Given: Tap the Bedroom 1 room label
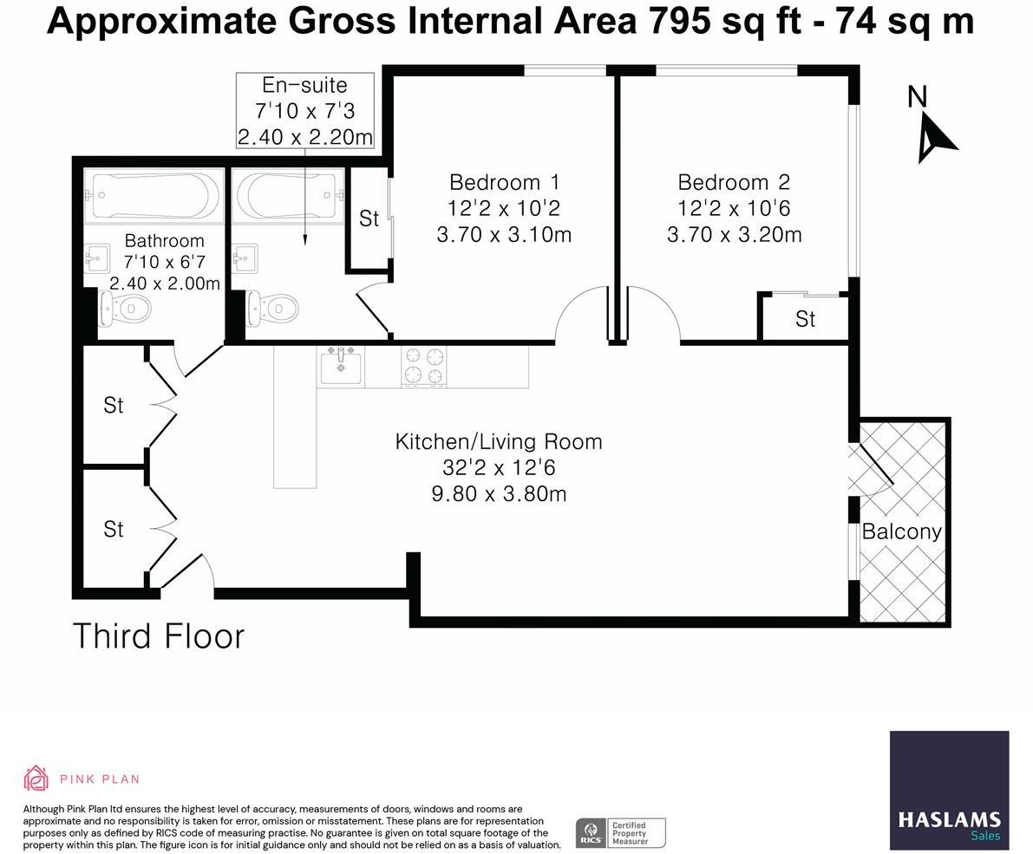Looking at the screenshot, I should tap(504, 183).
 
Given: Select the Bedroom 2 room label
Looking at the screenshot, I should tap(734, 183).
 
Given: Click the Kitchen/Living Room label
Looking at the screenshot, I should tap(499, 441).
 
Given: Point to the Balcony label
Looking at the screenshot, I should tap(901, 531).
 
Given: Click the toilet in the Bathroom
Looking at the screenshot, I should tap(126, 308).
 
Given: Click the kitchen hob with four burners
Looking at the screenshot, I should tap(424, 365).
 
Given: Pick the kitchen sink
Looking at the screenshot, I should tap(342, 365).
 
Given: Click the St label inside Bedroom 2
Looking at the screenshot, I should tap(805, 320).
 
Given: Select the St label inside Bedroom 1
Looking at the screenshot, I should tap(369, 219).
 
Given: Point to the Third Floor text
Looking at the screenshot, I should tap(159, 636).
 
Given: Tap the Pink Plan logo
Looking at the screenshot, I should tap(82, 779).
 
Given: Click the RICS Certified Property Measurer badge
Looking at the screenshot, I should tap(620, 832).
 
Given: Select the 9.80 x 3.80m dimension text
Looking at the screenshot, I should tap(499, 494).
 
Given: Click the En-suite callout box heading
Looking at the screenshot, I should tap(304, 86).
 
